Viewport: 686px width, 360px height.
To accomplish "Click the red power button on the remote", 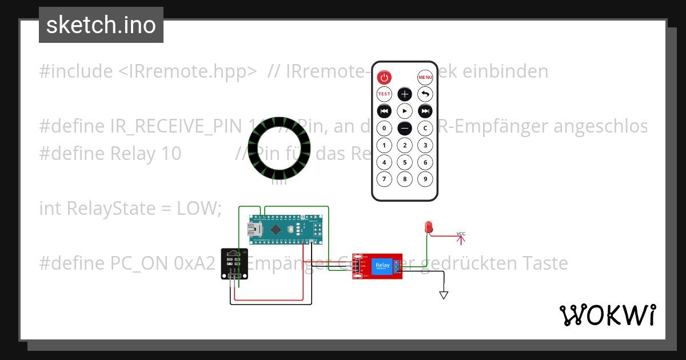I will click(385, 77).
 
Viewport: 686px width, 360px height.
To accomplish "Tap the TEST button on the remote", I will click(384, 94).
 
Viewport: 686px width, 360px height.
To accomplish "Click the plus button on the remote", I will click(405, 94).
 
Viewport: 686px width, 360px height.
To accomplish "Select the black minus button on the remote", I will click(405, 128).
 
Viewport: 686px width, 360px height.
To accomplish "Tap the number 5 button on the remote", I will click(405, 162).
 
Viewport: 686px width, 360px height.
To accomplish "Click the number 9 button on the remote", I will click(425, 179).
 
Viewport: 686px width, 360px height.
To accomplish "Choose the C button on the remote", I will click(425, 128).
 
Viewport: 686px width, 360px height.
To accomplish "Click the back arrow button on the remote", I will click(425, 94).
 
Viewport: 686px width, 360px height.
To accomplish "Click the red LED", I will click(428, 227).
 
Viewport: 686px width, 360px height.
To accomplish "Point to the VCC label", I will click(461, 233).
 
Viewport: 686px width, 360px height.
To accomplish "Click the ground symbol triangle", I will click(444, 295).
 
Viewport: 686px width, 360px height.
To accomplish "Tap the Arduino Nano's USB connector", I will click(253, 230).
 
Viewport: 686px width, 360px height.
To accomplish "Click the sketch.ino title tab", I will click(101, 25).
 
